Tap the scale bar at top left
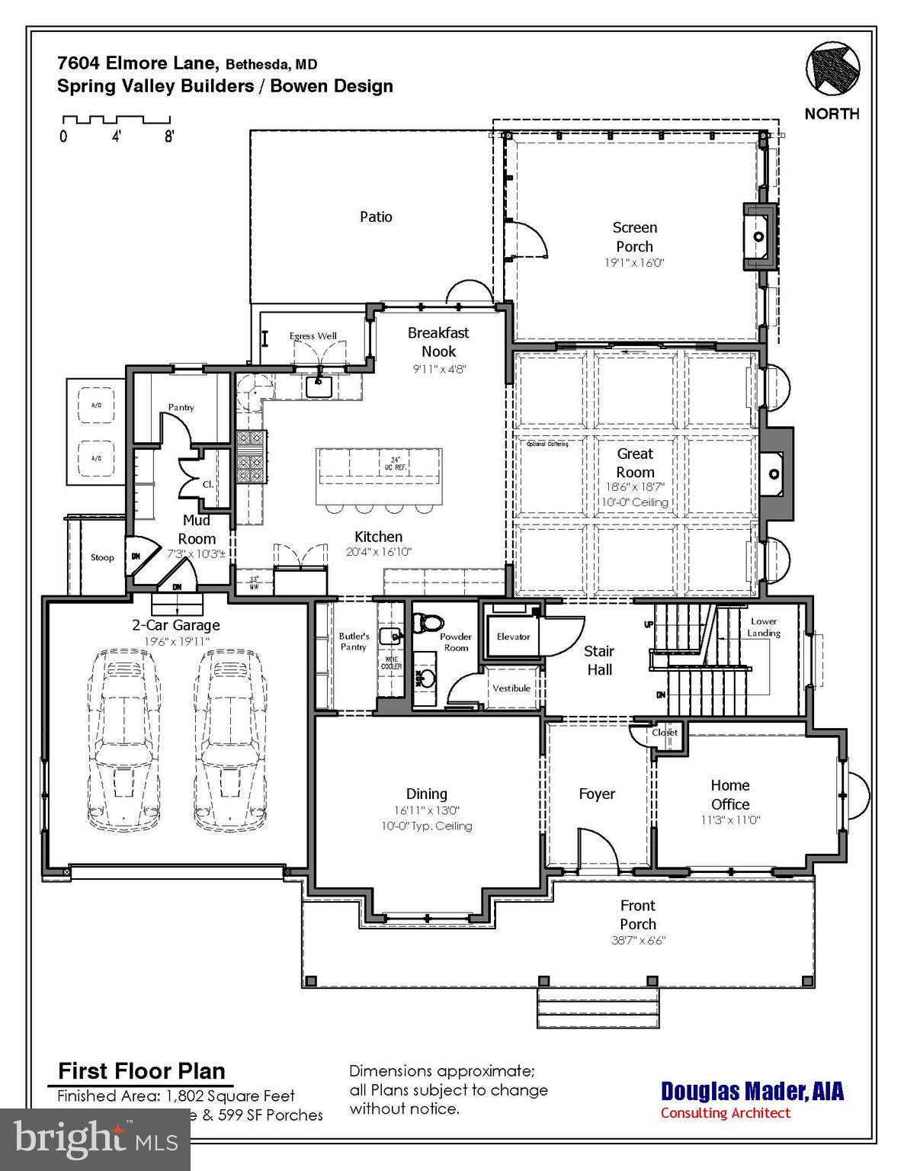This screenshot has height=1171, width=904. coord(116,120)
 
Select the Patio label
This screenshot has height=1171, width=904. coord(376,217)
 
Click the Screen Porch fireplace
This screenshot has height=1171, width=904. coord(759,236)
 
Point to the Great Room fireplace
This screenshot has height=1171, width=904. coord(775,473)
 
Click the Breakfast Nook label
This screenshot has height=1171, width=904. coord(438,342)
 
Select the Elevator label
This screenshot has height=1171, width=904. coord(513,637)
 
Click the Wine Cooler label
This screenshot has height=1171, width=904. coord(392,662)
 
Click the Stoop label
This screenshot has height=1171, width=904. coord(102,557)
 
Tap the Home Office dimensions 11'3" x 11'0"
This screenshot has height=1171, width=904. coord(730,820)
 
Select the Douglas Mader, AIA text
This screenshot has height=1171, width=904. coord(752,1091)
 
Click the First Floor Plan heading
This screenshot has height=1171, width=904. coord(142,1071)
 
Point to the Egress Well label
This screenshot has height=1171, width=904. coord(313,336)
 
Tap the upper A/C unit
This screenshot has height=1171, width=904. coord(97,407)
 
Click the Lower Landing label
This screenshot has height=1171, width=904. coord(763,627)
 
